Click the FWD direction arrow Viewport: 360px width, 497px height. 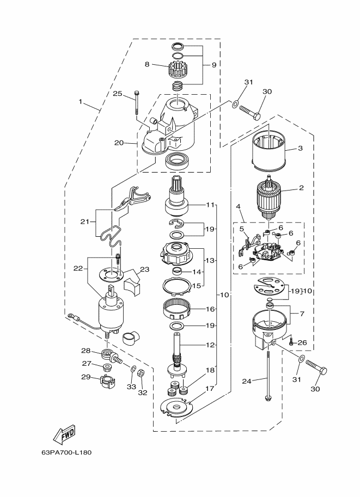(x=64, y=434)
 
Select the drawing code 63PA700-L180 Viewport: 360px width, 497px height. (x=66, y=452)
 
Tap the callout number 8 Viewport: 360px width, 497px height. (x=147, y=64)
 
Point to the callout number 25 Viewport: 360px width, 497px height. (x=118, y=94)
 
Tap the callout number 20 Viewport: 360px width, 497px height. (x=119, y=143)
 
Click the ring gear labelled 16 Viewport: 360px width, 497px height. (x=177, y=309)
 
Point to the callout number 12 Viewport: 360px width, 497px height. (x=211, y=345)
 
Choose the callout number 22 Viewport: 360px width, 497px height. (x=78, y=268)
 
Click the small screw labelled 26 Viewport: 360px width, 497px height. (x=292, y=342)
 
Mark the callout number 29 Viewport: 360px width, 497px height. (x=86, y=377)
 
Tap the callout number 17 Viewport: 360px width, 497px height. (x=210, y=389)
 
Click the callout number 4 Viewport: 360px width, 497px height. (x=237, y=207)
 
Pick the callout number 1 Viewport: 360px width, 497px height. (x=81, y=102)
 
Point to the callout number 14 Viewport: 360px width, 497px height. (x=197, y=272)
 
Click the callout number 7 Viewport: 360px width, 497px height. (x=302, y=314)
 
